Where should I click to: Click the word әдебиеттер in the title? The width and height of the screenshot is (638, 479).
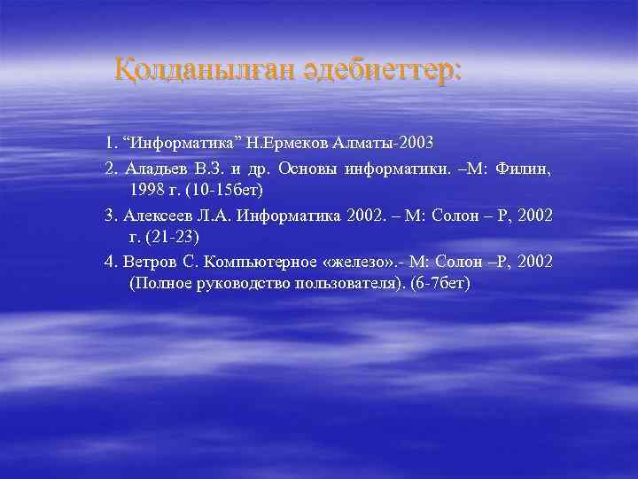click(x=376, y=69)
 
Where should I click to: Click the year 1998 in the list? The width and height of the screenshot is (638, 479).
click(x=147, y=190)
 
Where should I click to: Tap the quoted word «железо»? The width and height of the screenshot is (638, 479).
click(x=365, y=261)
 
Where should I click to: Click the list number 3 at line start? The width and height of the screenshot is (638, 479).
click(x=109, y=214)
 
